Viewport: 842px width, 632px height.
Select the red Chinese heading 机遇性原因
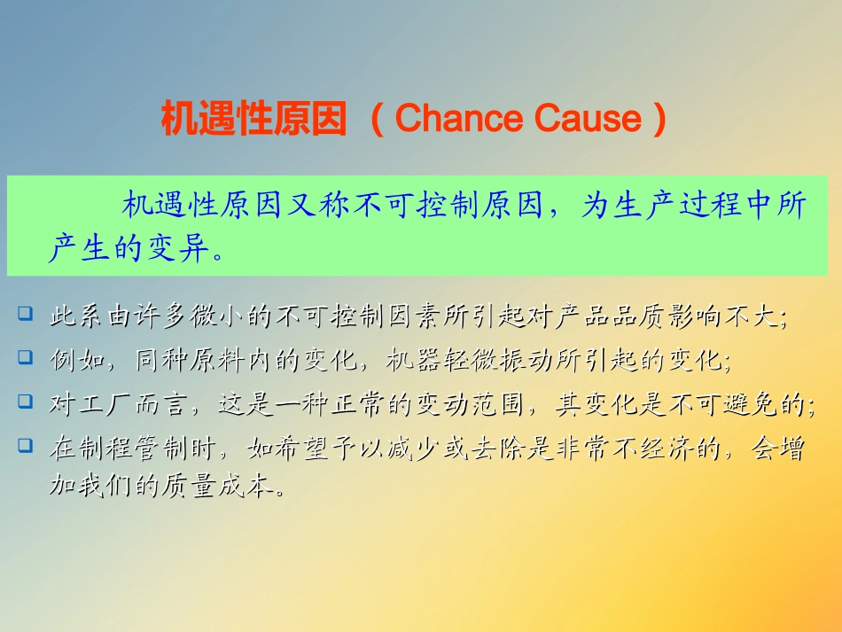pyautogui.click(x=253, y=119)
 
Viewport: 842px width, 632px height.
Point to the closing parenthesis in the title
pyautogui.click(x=658, y=119)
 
